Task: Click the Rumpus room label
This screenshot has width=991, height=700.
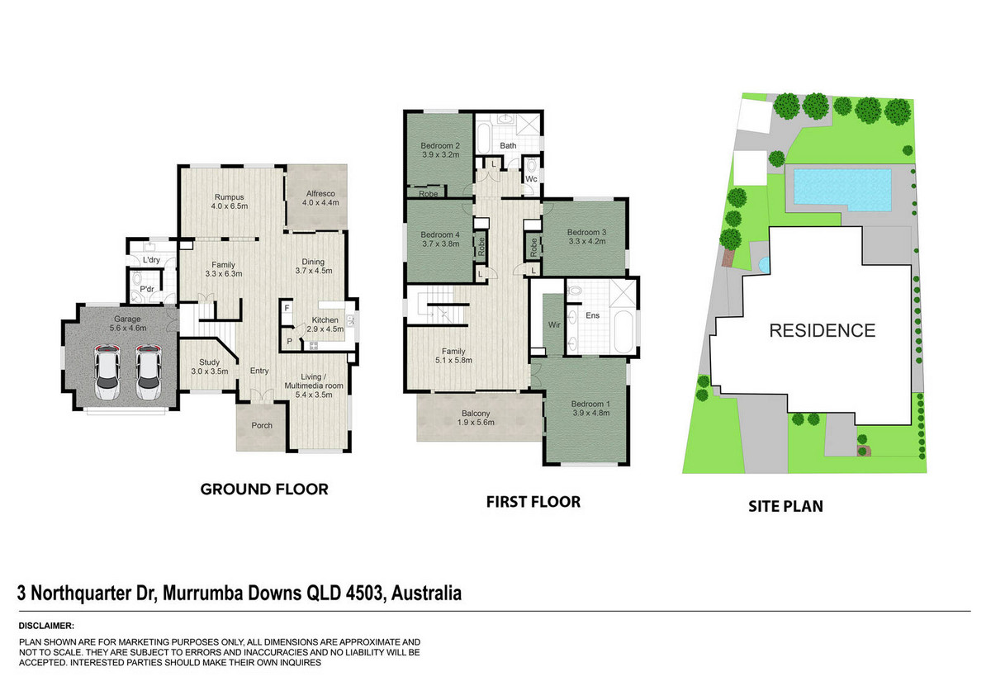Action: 230,201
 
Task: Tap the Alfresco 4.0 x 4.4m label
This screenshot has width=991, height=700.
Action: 320,198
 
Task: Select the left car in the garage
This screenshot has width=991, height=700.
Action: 107,372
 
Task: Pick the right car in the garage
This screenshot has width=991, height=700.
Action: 149,372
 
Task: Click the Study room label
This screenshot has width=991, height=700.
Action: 210,367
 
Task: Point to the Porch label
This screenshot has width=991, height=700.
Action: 262,425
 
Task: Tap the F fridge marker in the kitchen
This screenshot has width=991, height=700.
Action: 287,308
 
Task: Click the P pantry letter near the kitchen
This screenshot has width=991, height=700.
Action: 289,342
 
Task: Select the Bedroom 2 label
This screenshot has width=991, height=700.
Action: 440,150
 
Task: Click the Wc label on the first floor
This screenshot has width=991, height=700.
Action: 531,178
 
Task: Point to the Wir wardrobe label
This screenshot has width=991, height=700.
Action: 554,324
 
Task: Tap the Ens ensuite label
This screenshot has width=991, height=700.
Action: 592,315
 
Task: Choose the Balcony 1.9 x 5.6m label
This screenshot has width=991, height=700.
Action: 476,418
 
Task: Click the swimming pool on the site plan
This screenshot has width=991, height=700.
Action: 842,190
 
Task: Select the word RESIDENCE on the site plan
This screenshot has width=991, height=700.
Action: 823,331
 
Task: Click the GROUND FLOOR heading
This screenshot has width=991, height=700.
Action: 264,489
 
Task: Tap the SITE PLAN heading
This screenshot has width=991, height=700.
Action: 785,506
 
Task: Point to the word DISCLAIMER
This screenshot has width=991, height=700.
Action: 46,626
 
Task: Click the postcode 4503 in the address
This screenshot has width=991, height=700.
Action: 363,594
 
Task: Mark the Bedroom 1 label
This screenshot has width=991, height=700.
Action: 590,408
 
